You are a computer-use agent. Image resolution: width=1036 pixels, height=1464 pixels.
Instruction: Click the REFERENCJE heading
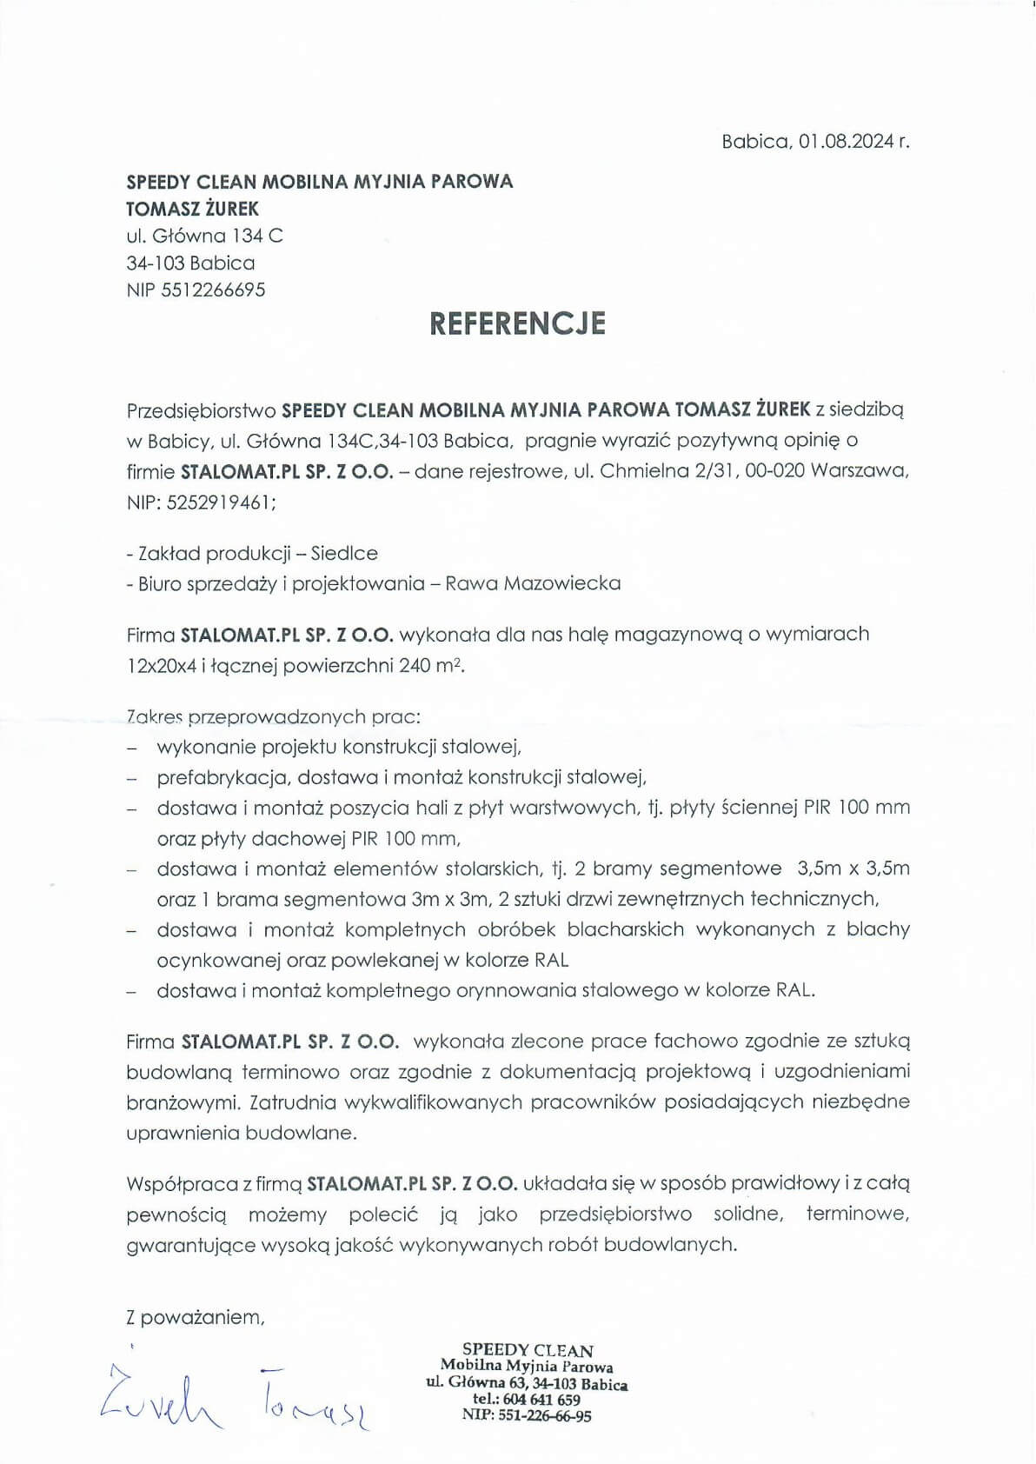(x=517, y=323)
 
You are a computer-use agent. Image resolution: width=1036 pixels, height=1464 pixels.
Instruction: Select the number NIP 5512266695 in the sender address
(x=196, y=289)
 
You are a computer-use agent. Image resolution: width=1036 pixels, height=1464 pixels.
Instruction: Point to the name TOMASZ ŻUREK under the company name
(x=192, y=209)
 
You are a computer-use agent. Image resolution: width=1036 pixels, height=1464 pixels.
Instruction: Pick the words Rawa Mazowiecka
(x=533, y=583)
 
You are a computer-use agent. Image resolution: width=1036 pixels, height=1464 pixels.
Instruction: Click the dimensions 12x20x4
(x=161, y=666)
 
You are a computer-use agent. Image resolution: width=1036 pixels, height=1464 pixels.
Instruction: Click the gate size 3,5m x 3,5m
(x=853, y=868)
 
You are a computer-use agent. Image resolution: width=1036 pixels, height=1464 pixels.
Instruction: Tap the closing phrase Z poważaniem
(x=195, y=1317)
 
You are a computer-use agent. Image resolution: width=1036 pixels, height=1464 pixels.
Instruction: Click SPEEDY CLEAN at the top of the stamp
(x=528, y=1350)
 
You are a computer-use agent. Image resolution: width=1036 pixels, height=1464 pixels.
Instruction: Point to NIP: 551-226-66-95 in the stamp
(x=527, y=1415)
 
